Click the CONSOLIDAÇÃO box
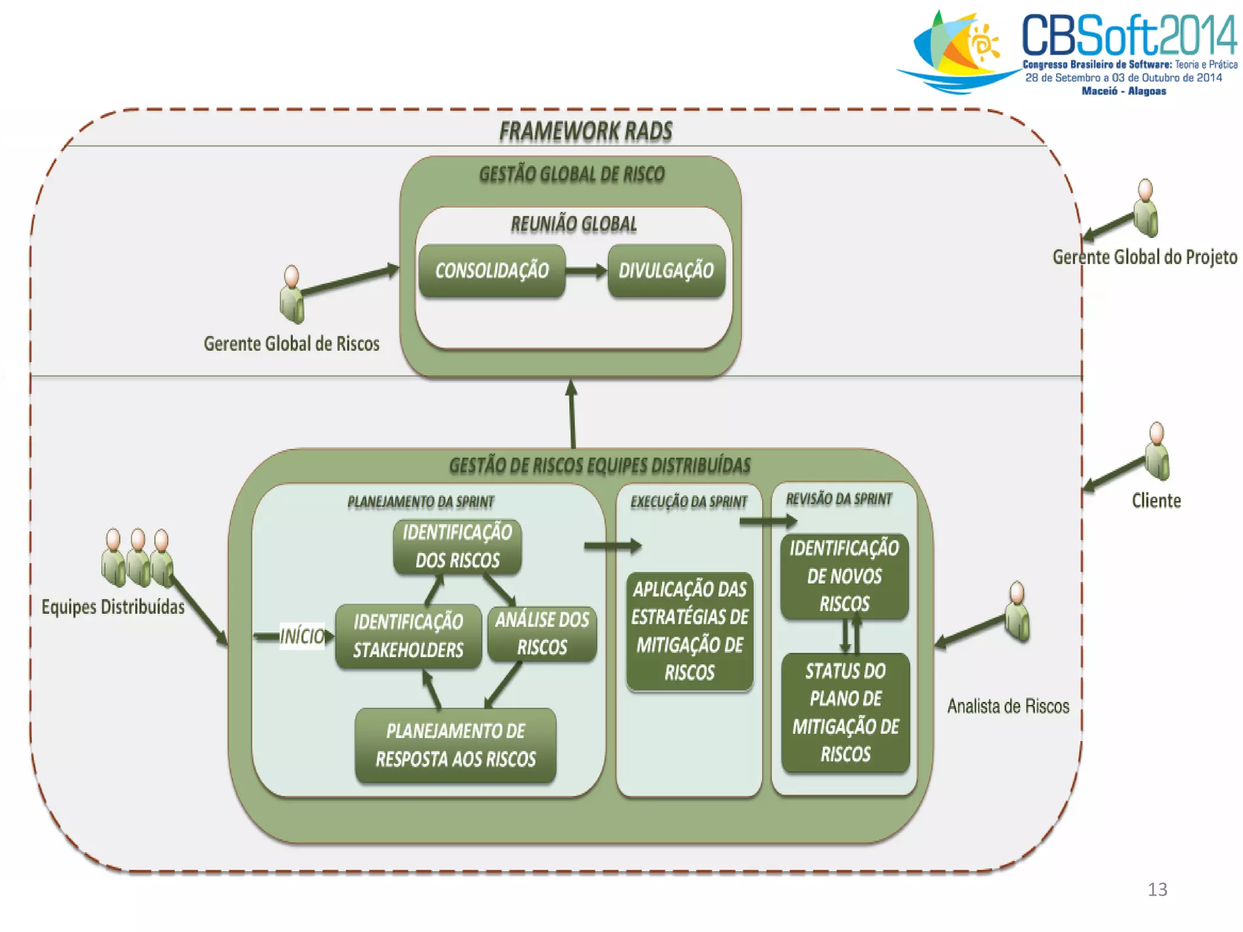click(x=492, y=271)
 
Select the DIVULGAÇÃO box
click(x=666, y=271)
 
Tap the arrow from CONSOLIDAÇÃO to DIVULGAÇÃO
click(x=586, y=271)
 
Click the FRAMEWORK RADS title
click(x=586, y=131)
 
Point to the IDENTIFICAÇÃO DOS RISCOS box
click(x=457, y=546)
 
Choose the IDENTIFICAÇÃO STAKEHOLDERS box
click(x=408, y=636)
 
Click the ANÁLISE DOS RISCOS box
click(x=542, y=633)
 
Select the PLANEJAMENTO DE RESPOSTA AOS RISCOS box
click(x=455, y=745)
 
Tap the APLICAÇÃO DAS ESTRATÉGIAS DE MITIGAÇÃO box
click(x=689, y=631)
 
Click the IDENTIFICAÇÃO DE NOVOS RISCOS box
click(x=844, y=576)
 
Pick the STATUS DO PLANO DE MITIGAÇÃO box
click(x=845, y=712)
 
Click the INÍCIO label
click(x=302, y=636)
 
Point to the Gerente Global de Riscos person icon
click(x=292, y=295)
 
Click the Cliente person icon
click(x=1157, y=451)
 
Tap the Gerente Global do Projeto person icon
click(x=1145, y=208)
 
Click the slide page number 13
click(x=1157, y=890)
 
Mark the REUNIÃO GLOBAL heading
click(x=574, y=225)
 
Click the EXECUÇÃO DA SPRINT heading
click(x=689, y=502)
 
